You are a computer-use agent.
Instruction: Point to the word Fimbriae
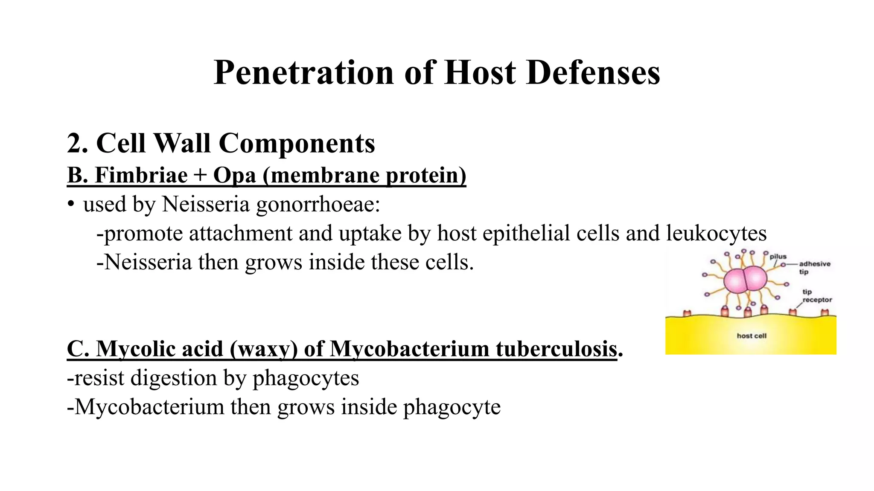coord(141,175)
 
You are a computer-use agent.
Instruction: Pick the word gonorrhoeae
coord(318,205)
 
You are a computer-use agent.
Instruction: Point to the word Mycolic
coord(160,349)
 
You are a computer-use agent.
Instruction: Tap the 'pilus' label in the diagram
coord(778,257)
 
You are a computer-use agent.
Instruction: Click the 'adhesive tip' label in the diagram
coord(814,268)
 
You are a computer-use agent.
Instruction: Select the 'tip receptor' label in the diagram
coord(817,296)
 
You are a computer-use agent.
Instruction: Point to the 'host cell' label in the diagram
coord(752,336)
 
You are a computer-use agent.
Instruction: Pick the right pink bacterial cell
coord(755,279)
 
